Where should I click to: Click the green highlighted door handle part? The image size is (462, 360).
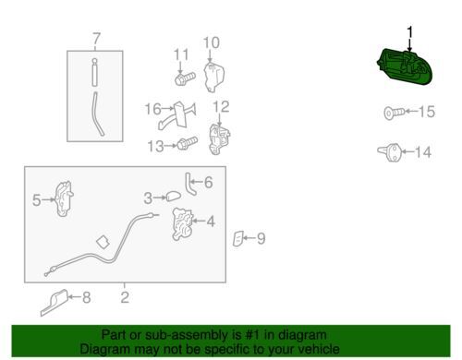(x=405, y=67)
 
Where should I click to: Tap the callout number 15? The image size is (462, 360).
(x=427, y=112)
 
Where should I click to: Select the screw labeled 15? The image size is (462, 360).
(x=395, y=113)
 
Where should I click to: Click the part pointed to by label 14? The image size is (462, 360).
(x=390, y=152)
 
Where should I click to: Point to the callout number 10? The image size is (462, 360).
(x=212, y=42)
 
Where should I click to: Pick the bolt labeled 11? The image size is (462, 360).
(x=185, y=78)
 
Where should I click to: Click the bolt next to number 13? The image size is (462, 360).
(x=187, y=143)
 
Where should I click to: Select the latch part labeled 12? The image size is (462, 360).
(x=219, y=139)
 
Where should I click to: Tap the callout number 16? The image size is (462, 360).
(x=152, y=109)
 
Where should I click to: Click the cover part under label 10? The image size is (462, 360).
(x=214, y=77)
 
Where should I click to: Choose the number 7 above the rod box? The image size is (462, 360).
(x=96, y=39)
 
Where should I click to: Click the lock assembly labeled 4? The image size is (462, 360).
(x=183, y=224)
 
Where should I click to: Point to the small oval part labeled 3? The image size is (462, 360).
(x=174, y=197)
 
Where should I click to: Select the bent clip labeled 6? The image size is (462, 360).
(x=190, y=184)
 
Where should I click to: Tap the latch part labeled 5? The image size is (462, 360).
(x=64, y=198)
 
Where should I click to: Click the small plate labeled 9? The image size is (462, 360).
(x=238, y=238)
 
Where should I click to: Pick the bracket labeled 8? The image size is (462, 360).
(x=55, y=303)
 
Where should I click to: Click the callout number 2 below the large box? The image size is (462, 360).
(x=125, y=297)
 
